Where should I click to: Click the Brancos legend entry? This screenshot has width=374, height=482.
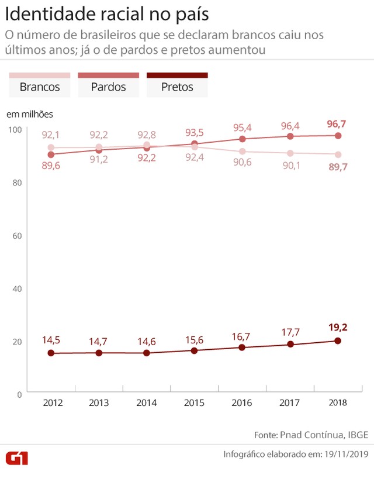(40, 87)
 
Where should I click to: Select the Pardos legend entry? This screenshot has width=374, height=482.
(108, 87)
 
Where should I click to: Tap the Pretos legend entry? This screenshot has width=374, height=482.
(177, 87)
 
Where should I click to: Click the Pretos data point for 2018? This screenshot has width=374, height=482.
(338, 340)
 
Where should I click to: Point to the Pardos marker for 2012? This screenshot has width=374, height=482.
(51, 154)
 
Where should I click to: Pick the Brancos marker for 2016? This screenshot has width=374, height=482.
(242, 152)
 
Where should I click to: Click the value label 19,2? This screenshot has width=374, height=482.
(338, 327)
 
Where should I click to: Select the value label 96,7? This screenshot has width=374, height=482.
(338, 123)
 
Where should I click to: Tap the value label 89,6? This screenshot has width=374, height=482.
(51, 166)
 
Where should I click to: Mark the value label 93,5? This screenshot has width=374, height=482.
(194, 132)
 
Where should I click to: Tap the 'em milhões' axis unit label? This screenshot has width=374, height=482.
(29, 114)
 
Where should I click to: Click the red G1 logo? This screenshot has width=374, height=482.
(17, 457)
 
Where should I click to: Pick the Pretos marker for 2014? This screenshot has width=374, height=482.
(147, 353)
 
